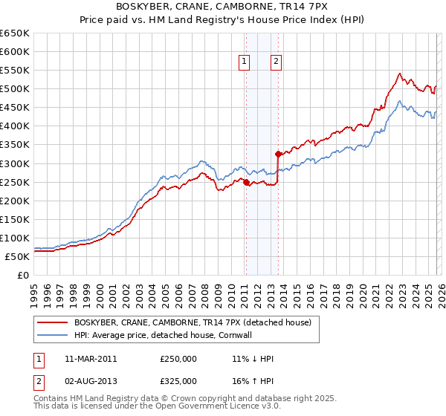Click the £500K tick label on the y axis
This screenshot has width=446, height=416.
click(15, 89)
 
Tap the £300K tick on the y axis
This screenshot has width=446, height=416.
click(15, 163)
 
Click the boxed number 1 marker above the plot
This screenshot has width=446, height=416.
click(245, 62)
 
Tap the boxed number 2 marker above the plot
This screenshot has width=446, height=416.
click(276, 62)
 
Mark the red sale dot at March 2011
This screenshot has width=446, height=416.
click(246, 182)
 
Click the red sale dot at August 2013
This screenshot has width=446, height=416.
click(277, 155)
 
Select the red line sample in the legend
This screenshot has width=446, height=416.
click(52, 322)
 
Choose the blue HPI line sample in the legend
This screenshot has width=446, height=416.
click(52, 335)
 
